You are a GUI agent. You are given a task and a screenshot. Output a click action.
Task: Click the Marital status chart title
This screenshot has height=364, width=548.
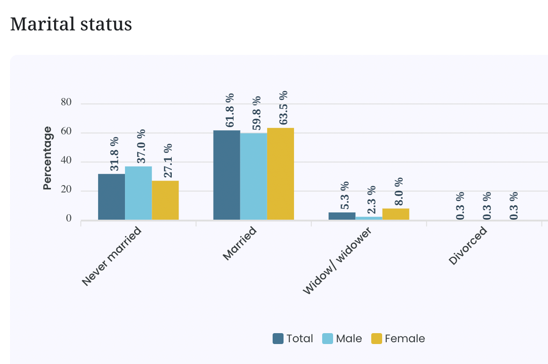[x=71, y=24]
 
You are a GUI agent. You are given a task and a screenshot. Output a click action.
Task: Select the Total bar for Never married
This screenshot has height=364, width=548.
[x=111, y=197]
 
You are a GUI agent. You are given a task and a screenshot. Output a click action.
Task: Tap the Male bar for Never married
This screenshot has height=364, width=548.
[x=138, y=193]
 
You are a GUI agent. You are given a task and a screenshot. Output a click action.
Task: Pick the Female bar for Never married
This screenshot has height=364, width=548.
[x=165, y=201]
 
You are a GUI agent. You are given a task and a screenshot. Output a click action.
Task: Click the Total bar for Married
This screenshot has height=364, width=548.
[x=227, y=175]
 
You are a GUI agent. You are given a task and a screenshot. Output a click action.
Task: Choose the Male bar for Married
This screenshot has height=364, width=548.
[x=254, y=177]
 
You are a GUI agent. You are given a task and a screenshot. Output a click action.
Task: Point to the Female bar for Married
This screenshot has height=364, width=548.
[x=280, y=174]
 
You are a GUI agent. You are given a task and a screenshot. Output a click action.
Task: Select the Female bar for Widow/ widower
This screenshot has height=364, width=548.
[x=396, y=214]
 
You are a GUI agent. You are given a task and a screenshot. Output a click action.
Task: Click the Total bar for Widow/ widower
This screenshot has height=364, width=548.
[x=342, y=216]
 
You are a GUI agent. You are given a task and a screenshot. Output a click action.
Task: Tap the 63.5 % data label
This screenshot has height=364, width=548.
[x=284, y=108]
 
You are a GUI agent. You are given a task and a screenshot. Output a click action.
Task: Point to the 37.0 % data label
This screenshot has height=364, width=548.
[x=141, y=146]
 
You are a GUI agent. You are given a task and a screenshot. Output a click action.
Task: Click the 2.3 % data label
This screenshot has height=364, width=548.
[x=372, y=200]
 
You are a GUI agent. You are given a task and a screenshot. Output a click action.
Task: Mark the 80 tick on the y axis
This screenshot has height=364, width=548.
[x=66, y=103]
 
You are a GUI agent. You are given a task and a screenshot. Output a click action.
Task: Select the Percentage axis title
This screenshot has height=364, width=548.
[x=47, y=158]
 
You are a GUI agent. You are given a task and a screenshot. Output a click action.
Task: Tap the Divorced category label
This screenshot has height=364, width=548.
[x=468, y=245]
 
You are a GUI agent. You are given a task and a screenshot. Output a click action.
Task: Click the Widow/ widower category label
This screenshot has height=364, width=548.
[x=337, y=261]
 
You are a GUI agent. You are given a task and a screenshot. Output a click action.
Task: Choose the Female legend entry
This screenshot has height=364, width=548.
[x=398, y=339]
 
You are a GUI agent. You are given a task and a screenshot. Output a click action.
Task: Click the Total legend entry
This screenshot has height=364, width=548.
[x=293, y=339]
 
